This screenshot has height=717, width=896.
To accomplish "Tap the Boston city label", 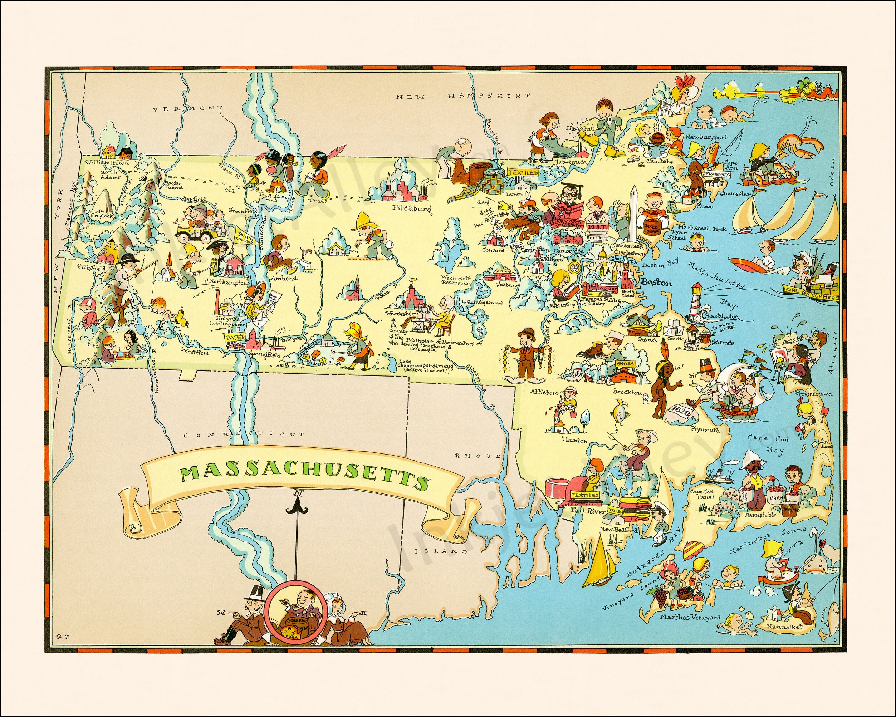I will coord(656,283).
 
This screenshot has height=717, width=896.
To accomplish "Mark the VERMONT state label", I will coord(187,109).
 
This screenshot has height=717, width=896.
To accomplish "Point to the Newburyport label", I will coord(706,137).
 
